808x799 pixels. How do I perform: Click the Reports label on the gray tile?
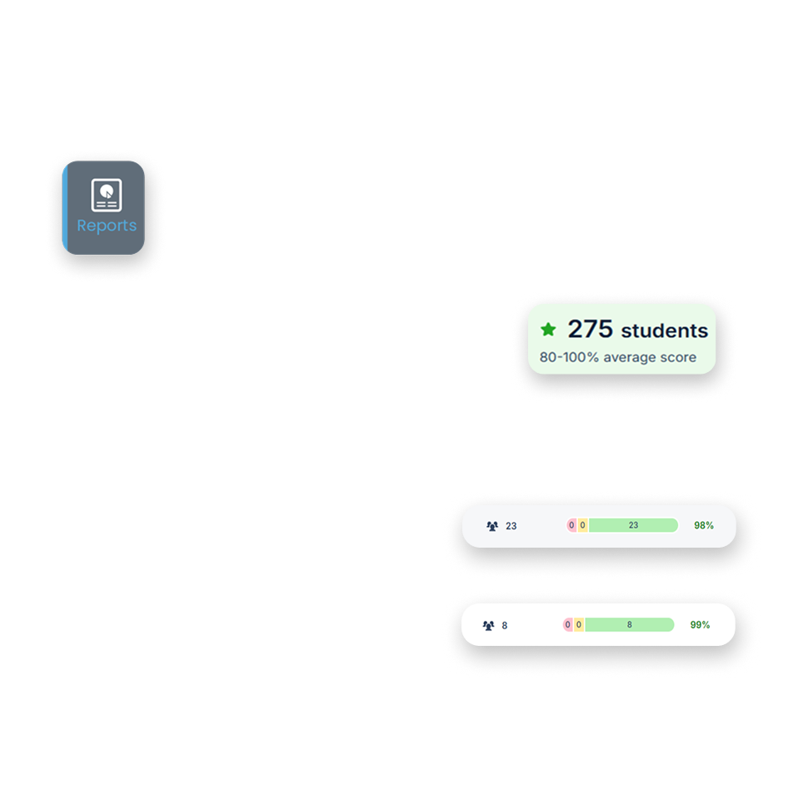pyautogui.click(x=107, y=226)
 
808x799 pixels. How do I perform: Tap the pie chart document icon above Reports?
pyautogui.click(x=106, y=194)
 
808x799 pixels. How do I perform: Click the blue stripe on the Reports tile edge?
pyautogui.click(x=65, y=208)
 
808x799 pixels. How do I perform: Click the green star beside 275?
pyautogui.click(x=548, y=330)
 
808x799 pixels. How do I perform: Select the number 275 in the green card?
pyautogui.click(x=590, y=330)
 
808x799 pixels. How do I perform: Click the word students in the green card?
pyautogui.click(x=665, y=331)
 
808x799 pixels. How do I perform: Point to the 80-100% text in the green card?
pyautogui.click(x=569, y=358)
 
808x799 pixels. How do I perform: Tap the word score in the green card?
pyautogui.click(x=677, y=358)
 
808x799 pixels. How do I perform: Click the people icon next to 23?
pyautogui.click(x=492, y=526)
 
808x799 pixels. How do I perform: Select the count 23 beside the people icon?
pyautogui.click(x=511, y=526)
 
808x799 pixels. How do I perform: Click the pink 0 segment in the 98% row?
pyautogui.click(x=571, y=525)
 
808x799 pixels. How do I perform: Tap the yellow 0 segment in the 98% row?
pyautogui.click(x=582, y=525)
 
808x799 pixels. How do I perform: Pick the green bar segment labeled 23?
pyautogui.click(x=633, y=525)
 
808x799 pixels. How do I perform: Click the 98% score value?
pyautogui.click(x=704, y=526)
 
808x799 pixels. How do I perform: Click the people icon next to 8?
pyautogui.click(x=488, y=625)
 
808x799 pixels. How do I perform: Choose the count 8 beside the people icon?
pyautogui.click(x=505, y=625)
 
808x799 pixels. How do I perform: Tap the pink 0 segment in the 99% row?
pyautogui.click(x=568, y=624)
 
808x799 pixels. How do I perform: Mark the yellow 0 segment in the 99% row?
pyautogui.click(x=578, y=624)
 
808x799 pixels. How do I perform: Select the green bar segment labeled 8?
pyautogui.click(x=629, y=624)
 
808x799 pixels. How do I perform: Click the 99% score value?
pyautogui.click(x=700, y=625)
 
